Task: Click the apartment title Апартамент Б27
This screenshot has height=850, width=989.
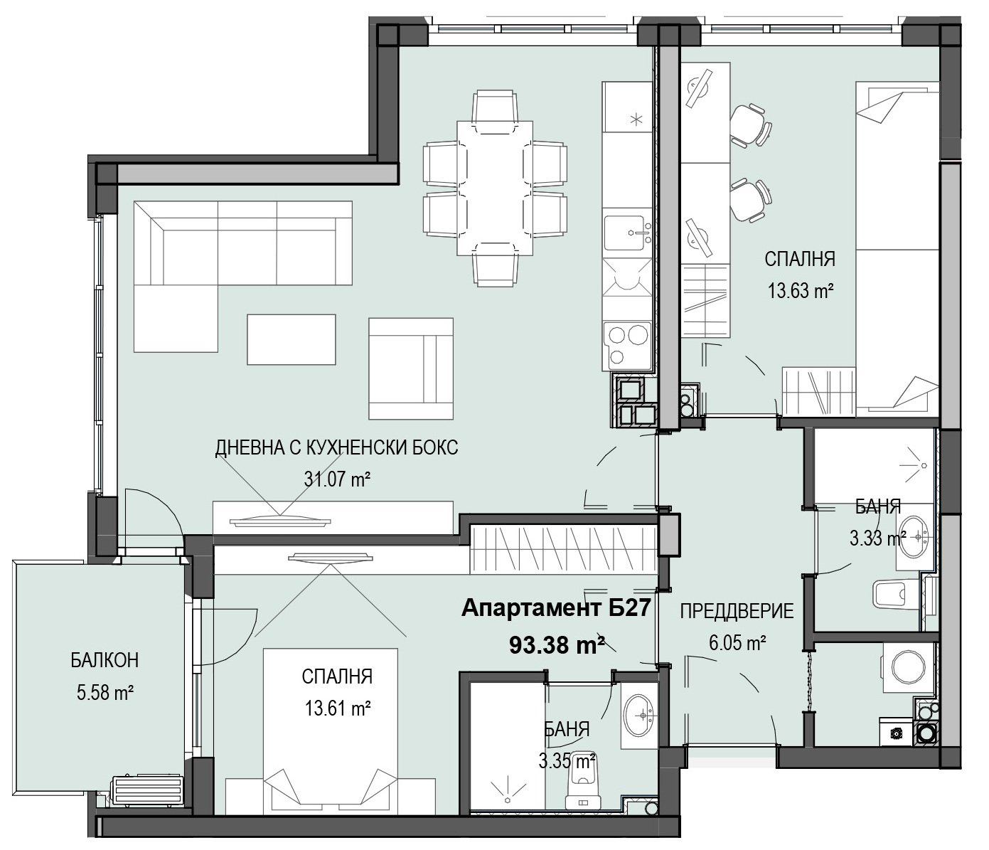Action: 556,608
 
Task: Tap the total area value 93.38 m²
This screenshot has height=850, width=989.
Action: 557,645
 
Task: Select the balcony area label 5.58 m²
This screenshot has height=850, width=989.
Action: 105,693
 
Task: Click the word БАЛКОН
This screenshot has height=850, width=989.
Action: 105,661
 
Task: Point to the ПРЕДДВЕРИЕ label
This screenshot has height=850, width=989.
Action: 737,611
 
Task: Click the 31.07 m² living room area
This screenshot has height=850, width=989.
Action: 338,479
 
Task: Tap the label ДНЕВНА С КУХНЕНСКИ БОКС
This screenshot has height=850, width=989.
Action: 337,447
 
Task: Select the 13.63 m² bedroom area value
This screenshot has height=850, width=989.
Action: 801,290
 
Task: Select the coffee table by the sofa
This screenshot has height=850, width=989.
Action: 292,340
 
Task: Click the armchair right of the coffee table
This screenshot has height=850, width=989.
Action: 410,368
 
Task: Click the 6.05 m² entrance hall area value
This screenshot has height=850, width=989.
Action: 737,643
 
